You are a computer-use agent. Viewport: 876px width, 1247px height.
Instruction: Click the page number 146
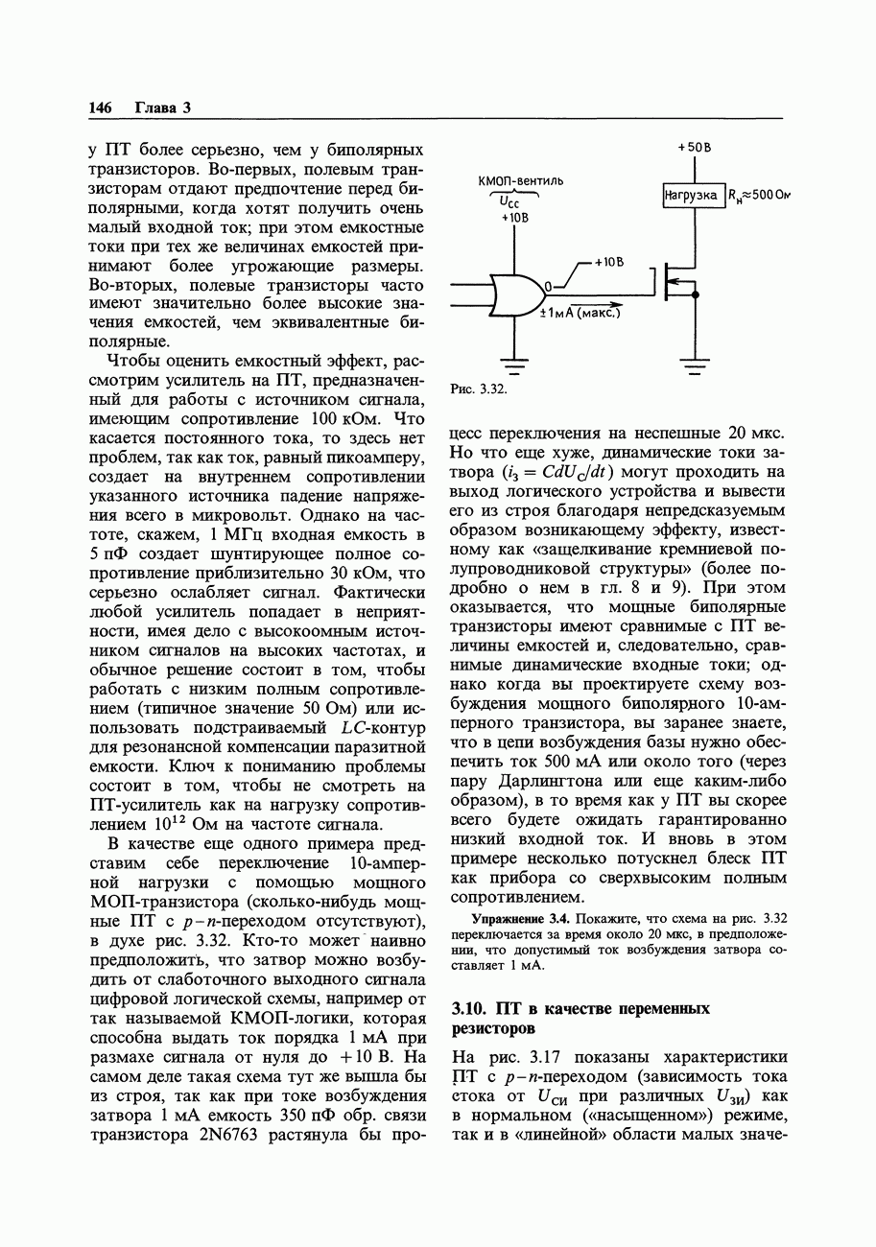pos(100,107)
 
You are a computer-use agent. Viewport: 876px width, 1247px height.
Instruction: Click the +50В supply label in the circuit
pos(693,148)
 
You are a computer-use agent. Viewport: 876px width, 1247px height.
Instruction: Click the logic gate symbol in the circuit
pos(515,294)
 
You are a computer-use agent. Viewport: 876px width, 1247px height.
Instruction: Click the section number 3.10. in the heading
pos(470,1008)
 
